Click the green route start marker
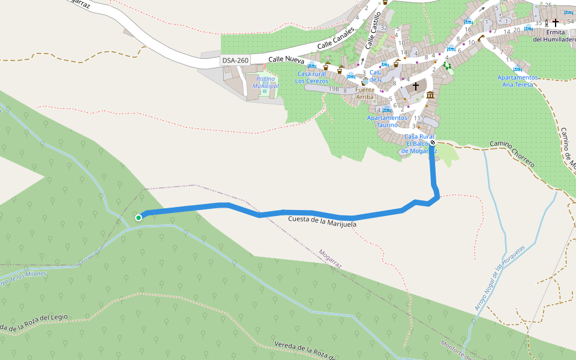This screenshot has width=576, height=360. [x=139, y=218]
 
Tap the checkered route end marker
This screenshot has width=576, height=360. [x=432, y=143]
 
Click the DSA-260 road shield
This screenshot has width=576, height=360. [x=235, y=60]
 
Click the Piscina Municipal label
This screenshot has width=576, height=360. [x=266, y=82]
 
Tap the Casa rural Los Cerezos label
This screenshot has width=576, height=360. [x=312, y=77]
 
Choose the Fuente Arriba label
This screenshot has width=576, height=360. [x=365, y=93]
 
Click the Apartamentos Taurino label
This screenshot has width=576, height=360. [x=387, y=121]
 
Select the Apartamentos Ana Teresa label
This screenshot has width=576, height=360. [x=517, y=80]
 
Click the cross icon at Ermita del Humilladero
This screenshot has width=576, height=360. [x=555, y=23]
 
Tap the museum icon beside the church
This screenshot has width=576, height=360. [x=430, y=95]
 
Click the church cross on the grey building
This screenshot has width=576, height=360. [x=415, y=86]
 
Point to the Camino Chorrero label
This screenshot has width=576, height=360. [x=512, y=153]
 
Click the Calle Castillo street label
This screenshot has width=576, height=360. [x=373, y=29]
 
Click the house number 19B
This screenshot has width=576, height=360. [x=334, y=89]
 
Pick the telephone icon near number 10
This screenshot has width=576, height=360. [x=481, y=37]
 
